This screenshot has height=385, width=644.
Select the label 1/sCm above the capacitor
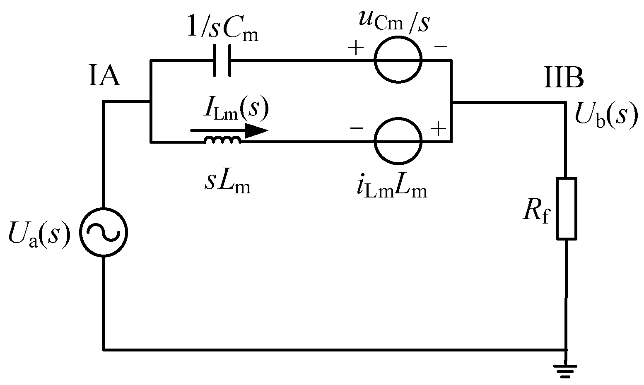[223, 30]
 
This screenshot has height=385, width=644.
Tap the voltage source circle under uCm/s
[398, 60]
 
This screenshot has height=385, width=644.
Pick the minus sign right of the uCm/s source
[440, 47]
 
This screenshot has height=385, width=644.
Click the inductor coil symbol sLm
[222, 141]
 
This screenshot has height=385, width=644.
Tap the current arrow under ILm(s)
[229, 130]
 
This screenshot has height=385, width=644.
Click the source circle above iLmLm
[398, 142]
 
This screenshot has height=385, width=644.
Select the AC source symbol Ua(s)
[103, 232]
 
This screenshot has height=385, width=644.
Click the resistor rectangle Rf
[566, 209]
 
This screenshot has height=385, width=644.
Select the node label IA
[104, 77]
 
